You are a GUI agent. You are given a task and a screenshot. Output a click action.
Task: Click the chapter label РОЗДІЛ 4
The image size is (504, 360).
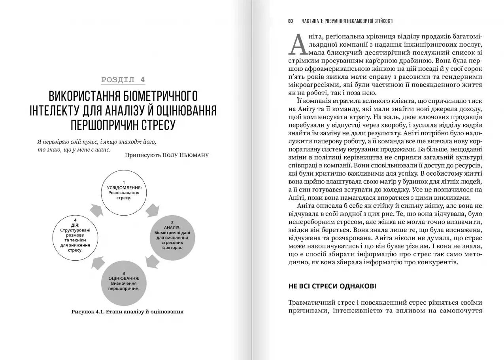[x=123, y=80]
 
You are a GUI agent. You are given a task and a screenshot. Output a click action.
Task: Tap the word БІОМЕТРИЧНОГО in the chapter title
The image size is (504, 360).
[x=154, y=96]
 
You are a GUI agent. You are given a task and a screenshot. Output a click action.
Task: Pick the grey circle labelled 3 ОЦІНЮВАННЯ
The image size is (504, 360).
[x=124, y=283]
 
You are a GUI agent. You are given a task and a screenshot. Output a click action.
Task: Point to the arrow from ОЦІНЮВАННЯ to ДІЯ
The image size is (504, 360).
[x=96, y=263]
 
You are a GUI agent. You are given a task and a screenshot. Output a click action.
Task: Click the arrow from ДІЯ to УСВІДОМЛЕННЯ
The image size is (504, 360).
[x=96, y=210]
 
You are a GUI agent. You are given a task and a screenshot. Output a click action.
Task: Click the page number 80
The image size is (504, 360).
[x=291, y=21]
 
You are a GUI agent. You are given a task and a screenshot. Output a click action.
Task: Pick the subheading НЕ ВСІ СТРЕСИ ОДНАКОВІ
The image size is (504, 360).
[x=332, y=286]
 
